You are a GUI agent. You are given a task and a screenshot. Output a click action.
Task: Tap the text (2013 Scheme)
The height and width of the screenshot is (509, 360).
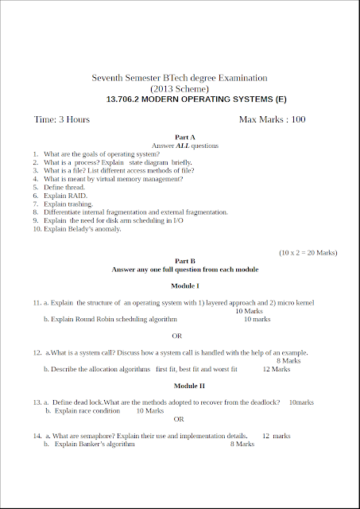click(180, 89)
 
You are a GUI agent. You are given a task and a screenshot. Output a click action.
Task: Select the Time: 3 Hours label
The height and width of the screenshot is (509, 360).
click(62, 119)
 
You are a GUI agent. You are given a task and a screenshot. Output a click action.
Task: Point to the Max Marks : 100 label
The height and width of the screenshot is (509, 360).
click(272, 119)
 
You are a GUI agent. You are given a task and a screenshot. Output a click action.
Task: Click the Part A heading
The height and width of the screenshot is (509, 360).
click(184, 138)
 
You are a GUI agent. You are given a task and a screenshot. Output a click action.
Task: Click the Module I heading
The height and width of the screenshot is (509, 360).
click(184, 285)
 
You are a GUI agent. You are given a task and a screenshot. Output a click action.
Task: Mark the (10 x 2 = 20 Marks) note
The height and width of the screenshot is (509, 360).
click(308, 252)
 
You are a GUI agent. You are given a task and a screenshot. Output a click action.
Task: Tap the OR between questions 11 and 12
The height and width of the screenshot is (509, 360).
click(177, 336)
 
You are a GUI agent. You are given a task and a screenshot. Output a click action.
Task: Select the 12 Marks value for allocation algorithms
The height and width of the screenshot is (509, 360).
click(276, 369)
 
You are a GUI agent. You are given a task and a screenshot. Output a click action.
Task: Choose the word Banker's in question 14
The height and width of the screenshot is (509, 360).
click(91, 445)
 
